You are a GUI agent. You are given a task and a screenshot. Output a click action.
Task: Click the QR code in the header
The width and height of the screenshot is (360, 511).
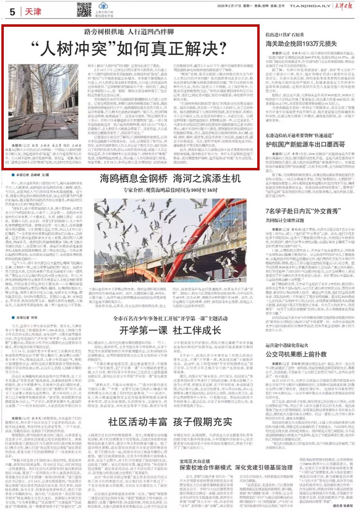(x=84, y=10)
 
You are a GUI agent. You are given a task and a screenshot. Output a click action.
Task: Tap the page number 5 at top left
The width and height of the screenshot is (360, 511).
(x=13, y=12)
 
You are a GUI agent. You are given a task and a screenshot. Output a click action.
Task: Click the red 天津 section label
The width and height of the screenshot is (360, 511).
(x=33, y=12)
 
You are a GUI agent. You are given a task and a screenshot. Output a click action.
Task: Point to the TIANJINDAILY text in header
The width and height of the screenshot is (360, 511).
(x=310, y=6)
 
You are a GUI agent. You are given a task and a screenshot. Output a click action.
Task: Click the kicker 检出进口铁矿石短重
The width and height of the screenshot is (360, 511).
(x=285, y=34)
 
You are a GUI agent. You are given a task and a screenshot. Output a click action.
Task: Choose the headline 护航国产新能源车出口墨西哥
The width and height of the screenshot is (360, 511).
(x=305, y=144)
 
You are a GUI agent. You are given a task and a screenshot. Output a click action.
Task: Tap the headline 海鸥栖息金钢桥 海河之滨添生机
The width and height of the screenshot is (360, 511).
(x=170, y=179)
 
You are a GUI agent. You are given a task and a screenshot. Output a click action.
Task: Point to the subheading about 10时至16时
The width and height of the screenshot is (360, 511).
(x=170, y=190)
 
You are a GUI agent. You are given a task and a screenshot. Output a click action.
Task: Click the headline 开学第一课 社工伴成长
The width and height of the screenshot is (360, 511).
(x=170, y=330)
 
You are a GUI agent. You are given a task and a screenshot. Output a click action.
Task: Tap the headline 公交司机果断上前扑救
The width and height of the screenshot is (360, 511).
(x=296, y=354)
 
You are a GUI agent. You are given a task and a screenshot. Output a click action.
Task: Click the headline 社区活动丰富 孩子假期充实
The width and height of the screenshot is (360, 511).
(x=170, y=421)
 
